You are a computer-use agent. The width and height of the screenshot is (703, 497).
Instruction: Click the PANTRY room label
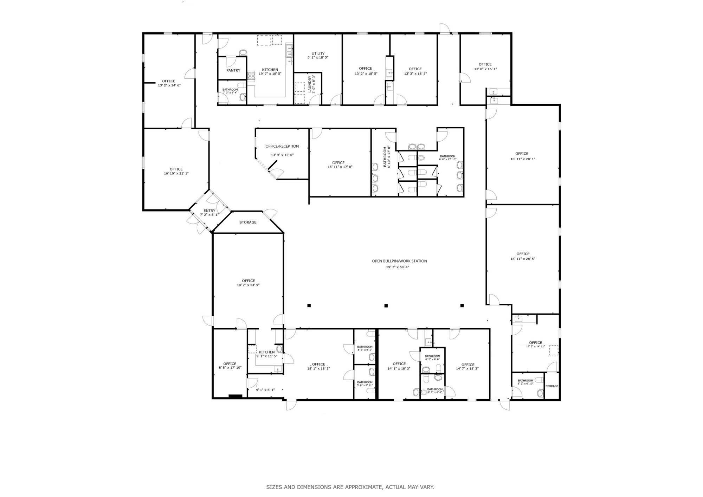[x=233, y=70]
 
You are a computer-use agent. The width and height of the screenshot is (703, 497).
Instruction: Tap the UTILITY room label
[x=318, y=53]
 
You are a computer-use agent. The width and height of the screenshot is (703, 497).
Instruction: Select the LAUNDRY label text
[x=310, y=84]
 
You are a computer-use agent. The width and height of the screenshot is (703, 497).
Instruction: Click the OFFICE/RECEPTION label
[x=282, y=146]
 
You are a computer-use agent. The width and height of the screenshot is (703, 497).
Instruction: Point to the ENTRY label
[x=209, y=211]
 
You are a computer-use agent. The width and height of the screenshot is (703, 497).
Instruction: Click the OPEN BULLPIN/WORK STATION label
[x=400, y=261]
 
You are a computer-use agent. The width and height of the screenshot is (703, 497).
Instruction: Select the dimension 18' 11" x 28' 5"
[x=523, y=259]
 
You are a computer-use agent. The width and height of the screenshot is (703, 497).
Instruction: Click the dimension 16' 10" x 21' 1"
[x=176, y=173]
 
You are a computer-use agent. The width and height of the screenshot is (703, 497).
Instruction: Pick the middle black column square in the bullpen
[x=386, y=305]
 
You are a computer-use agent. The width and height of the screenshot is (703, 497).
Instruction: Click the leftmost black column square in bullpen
[x=309, y=305]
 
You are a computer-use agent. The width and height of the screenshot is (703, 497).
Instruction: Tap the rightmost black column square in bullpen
[x=462, y=305]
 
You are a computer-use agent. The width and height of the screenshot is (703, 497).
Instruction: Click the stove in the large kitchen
[x=251, y=76]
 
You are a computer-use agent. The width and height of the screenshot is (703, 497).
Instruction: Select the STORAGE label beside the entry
[x=248, y=222]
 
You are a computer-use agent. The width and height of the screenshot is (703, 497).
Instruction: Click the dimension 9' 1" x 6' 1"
[x=265, y=390]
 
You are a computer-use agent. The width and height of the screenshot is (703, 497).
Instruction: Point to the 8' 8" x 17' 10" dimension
[x=230, y=368]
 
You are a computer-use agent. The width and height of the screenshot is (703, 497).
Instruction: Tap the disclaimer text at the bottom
[x=350, y=487]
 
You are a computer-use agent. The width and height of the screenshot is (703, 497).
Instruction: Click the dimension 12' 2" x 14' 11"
[x=535, y=347]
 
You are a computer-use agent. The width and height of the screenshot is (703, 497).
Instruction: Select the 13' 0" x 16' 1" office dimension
[x=485, y=69]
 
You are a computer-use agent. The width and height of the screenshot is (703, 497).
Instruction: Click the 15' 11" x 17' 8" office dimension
[x=340, y=167]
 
